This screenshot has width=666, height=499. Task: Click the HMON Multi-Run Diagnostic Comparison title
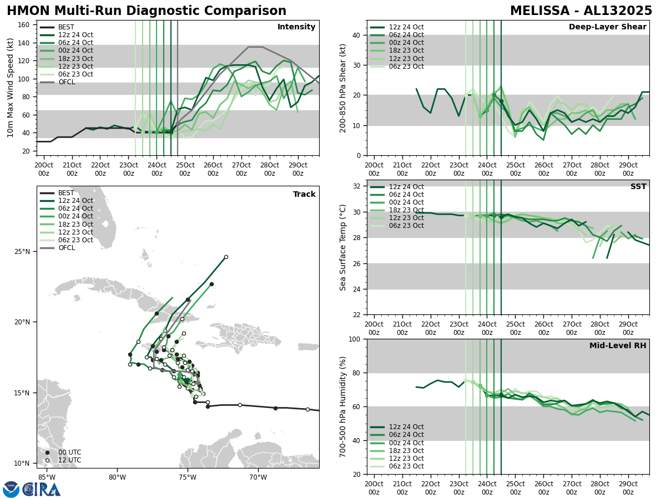pos(147,11)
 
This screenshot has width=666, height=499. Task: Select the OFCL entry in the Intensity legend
pos(66,82)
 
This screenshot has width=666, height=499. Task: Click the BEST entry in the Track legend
pos(66,193)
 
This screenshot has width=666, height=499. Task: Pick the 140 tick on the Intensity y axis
pos(25,43)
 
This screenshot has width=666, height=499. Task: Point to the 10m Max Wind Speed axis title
pos(11,88)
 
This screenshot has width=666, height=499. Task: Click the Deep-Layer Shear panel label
pos(607,27)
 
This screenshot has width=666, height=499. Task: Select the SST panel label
pos(638,187)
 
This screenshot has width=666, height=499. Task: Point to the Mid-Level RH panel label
pos(618,346)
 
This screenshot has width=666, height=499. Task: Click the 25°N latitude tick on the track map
pos(22,252)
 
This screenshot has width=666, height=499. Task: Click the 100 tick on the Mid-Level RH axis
pos(356,339)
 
